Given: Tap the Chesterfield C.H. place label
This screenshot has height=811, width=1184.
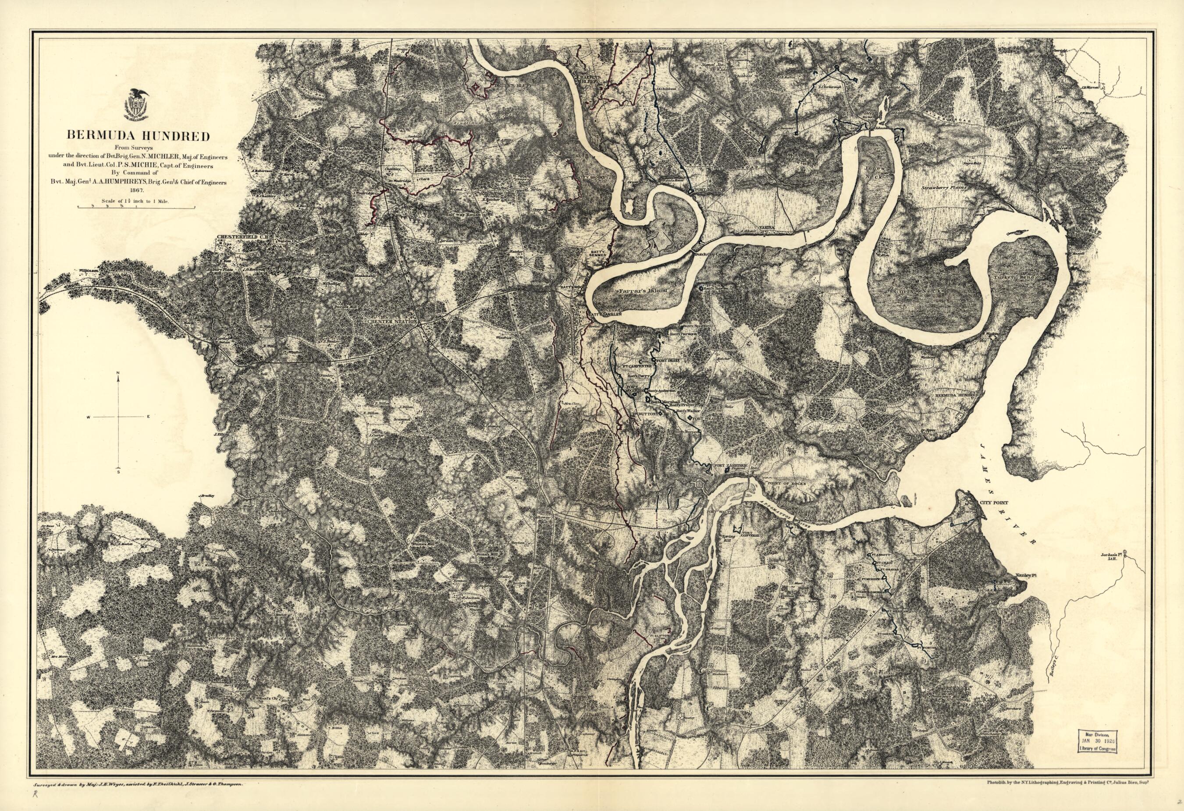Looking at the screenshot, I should click(x=238, y=237).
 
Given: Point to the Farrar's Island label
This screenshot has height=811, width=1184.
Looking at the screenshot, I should click(x=642, y=290).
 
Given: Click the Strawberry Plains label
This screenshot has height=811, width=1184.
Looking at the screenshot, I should click(x=943, y=188).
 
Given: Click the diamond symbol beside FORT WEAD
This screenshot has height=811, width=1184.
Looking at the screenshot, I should click(x=689, y=418).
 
